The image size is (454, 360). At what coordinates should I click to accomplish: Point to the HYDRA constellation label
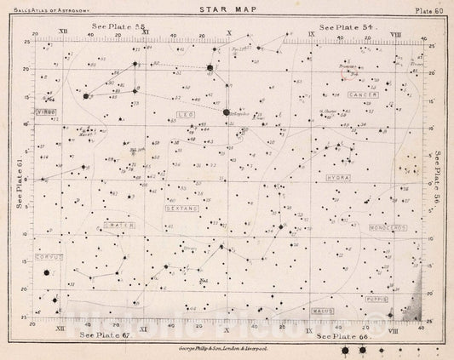click(x=339, y=176)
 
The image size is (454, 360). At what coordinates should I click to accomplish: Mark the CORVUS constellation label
click(x=46, y=257)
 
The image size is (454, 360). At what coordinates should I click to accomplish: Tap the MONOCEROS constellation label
click(x=389, y=228)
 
